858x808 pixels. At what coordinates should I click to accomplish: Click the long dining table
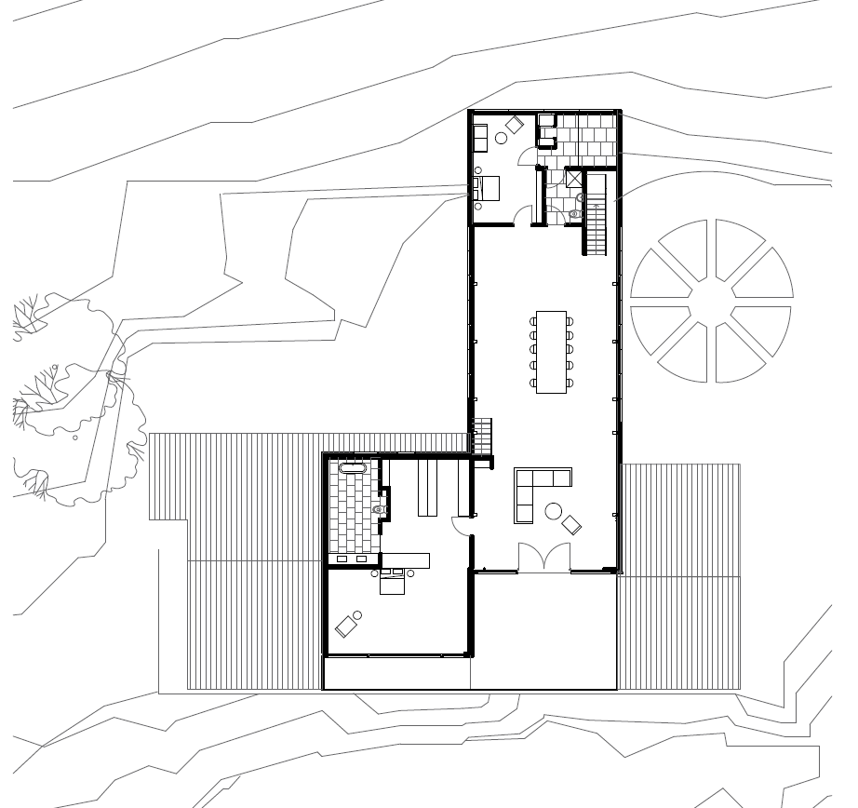tap(551, 351)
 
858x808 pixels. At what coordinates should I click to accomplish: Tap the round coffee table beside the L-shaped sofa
tap(553, 509)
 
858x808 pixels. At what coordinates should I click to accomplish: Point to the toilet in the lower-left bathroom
tap(379, 509)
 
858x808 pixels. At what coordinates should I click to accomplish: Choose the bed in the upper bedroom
tap(488, 188)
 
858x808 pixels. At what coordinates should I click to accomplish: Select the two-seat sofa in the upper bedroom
tap(481, 136)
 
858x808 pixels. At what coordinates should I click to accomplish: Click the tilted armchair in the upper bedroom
tap(514, 124)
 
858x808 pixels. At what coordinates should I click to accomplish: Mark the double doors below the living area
tap(543, 558)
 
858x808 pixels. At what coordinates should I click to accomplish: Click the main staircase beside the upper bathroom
tap(596, 215)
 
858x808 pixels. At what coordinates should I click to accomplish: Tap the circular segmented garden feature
tap(712, 301)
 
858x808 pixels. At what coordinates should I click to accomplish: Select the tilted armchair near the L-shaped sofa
tap(571, 524)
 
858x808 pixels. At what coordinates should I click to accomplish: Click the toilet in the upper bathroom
tap(575, 213)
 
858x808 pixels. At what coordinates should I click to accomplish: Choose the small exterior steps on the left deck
tap(482, 436)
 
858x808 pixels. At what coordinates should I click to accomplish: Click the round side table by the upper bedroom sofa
tap(501, 138)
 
